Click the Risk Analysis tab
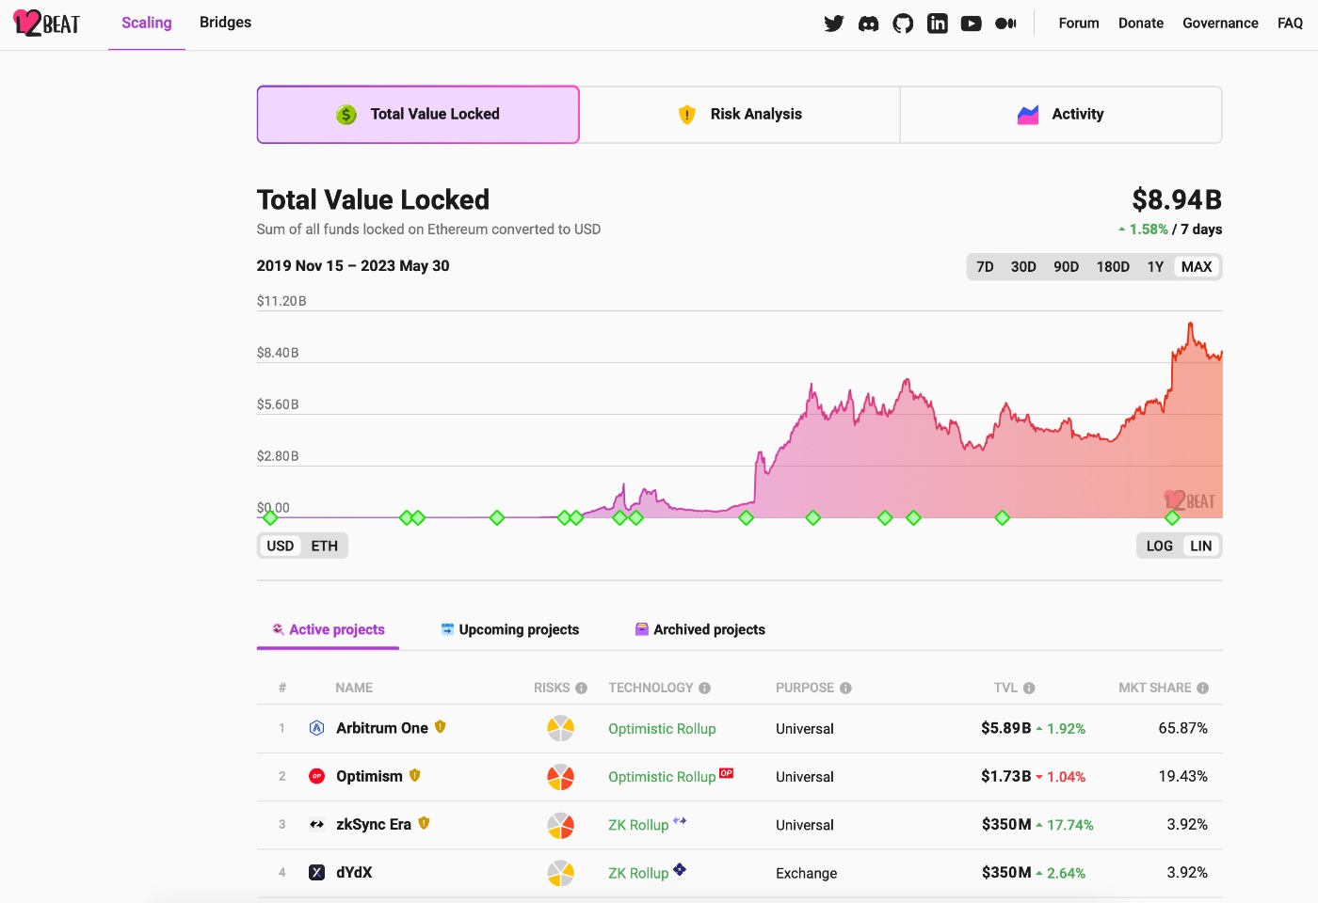pos(740,115)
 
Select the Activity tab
pos(1061,115)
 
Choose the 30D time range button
pos(1023,267)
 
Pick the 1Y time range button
pos(1155,267)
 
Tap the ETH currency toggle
pos(324,547)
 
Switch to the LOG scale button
pos(1159,547)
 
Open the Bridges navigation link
pos(225,23)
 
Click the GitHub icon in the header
pos(903,24)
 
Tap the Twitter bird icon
pos(834,24)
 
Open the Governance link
pos(1220,24)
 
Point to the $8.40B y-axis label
pos(278,354)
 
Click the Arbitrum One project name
pos(381,728)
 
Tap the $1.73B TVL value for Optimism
pos(1005,777)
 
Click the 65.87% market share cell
pos(1182,728)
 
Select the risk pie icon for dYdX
pos(561,873)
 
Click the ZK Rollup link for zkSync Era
pos(638,825)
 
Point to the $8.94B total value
pos(1177,200)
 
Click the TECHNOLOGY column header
pos(651,689)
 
